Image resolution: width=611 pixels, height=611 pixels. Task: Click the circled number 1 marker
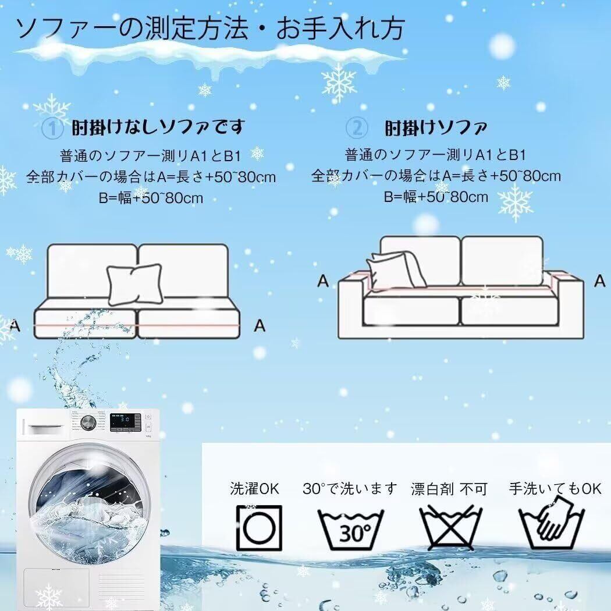pos(52,128)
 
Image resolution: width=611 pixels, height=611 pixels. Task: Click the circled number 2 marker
pos(357,128)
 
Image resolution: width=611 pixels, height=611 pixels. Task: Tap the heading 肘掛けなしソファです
pos(158,127)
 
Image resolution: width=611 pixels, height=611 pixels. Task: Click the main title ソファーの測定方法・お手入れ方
pos(210,29)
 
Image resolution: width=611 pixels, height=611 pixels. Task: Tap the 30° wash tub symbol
pos(350,529)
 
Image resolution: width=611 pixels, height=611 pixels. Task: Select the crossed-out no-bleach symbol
pos(450,528)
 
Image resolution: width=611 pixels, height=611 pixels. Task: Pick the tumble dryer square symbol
pos(259,528)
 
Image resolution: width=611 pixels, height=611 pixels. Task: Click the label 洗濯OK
pos(254,488)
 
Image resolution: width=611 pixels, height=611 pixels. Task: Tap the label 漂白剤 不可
pos(449,489)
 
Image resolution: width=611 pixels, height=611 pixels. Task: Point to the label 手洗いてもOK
pos(555,488)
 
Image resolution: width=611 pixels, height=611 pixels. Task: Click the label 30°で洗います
pos(350,488)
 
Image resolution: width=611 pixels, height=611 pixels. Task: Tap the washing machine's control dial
pos(88,422)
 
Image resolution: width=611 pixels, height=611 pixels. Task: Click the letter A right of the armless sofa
pos(260,325)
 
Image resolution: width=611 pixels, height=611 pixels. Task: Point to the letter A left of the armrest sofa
pos(324,280)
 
